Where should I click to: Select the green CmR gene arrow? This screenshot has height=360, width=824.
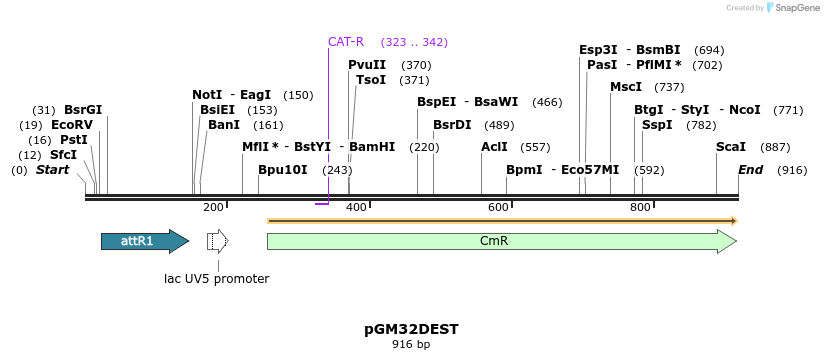tap(501, 241)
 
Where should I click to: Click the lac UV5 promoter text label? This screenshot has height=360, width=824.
tap(217, 279)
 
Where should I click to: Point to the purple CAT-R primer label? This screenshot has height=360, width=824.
tap(346, 42)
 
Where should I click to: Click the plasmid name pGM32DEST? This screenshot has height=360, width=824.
tap(411, 328)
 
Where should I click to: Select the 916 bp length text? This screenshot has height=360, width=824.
tap(411, 345)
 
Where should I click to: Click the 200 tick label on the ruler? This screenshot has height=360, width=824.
tap(213, 207)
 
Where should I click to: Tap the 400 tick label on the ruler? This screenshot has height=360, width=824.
tap(356, 207)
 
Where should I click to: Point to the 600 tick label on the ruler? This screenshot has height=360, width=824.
tap(498, 207)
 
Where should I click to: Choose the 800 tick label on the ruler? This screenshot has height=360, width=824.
tap(640, 207)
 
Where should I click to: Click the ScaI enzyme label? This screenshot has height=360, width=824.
tap(731, 147)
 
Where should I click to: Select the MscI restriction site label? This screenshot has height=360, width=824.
tap(626, 87)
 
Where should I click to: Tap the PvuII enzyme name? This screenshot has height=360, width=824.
tap(367, 65)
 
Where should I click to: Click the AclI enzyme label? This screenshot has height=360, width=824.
tap(494, 147)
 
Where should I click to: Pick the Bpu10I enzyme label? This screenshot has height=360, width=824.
tap(283, 170)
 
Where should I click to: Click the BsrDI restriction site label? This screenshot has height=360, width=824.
tap(452, 125)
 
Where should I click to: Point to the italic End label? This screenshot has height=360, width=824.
tap(750, 170)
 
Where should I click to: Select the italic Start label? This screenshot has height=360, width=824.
tap(52, 170)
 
